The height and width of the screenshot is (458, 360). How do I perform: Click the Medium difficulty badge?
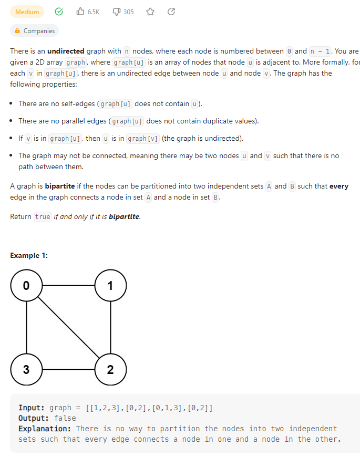pos(27,12)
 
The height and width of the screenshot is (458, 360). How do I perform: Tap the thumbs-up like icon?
pos(80,12)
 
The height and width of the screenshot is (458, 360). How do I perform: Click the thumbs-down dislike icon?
pos(117,12)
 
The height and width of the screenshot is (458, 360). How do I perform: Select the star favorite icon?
pos(150,12)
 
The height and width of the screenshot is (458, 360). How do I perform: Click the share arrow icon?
pos(171,12)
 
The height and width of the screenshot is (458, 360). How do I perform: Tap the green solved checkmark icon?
pos(59,12)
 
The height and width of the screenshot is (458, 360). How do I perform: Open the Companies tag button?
pos(35,31)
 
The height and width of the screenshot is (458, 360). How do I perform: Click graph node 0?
pos(26,286)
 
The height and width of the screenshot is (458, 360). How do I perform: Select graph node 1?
pos(110,286)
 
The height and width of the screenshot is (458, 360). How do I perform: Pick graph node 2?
pos(110,369)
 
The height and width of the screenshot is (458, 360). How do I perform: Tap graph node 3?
pos(26,369)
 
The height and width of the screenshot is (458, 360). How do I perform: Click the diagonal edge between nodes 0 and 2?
pos(68,328)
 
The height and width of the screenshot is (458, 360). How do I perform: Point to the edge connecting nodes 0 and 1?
pos(68,286)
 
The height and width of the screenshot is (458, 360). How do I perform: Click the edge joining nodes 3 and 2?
pos(68,369)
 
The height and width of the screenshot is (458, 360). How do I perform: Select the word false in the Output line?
pos(65,418)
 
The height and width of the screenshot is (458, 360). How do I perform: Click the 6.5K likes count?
pos(94,12)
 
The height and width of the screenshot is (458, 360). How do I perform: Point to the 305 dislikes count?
pos(128,12)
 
